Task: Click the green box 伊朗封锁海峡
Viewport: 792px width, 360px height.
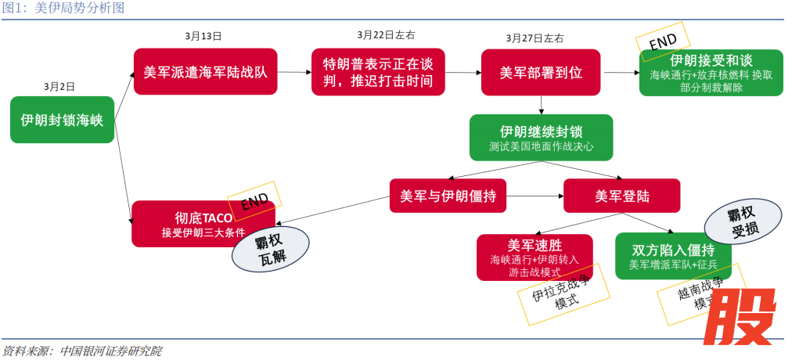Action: click(x=62, y=120)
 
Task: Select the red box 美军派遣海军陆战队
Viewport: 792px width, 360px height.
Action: click(x=205, y=72)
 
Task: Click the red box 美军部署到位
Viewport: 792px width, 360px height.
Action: click(x=540, y=72)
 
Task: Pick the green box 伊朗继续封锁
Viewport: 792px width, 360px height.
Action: click(x=541, y=137)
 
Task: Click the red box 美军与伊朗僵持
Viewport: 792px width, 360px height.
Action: click(x=447, y=196)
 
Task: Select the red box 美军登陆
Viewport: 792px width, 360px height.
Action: click(x=621, y=196)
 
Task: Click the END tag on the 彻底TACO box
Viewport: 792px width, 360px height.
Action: click(x=254, y=201)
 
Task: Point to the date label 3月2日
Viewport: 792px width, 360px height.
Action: click(x=59, y=86)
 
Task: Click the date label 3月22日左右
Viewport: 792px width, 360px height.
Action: click(x=386, y=35)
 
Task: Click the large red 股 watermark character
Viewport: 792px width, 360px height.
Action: click(x=740, y=315)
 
